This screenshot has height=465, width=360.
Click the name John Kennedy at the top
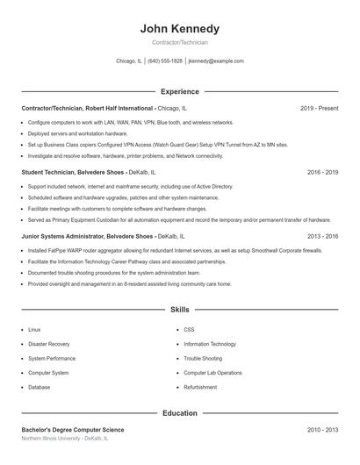(x=180, y=29)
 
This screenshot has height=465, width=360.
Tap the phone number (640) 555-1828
(x=165, y=61)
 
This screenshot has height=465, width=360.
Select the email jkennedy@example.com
(x=216, y=61)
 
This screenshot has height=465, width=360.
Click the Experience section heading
(x=180, y=91)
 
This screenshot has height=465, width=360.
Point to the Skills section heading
(x=180, y=310)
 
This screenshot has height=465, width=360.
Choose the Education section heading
(x=180, y=412)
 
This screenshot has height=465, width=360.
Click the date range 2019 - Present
(x=319, y=108)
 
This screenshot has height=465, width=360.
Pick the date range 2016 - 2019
(x=322, y=173)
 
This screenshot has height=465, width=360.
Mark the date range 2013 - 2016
(x=322, y=236)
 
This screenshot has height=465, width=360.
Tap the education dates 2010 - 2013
(x=322, y=430)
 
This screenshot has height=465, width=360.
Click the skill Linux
(x=34, y=330)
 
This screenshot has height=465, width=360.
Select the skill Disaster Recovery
(x=49, y=344)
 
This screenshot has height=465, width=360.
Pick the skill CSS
(x=189, y=330)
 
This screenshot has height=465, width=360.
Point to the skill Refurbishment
(x=200, y=387)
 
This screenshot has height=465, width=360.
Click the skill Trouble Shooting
(x=203, y=358)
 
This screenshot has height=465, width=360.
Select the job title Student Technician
(x=49, y=173)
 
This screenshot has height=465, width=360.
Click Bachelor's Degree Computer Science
(x=73, y=430)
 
